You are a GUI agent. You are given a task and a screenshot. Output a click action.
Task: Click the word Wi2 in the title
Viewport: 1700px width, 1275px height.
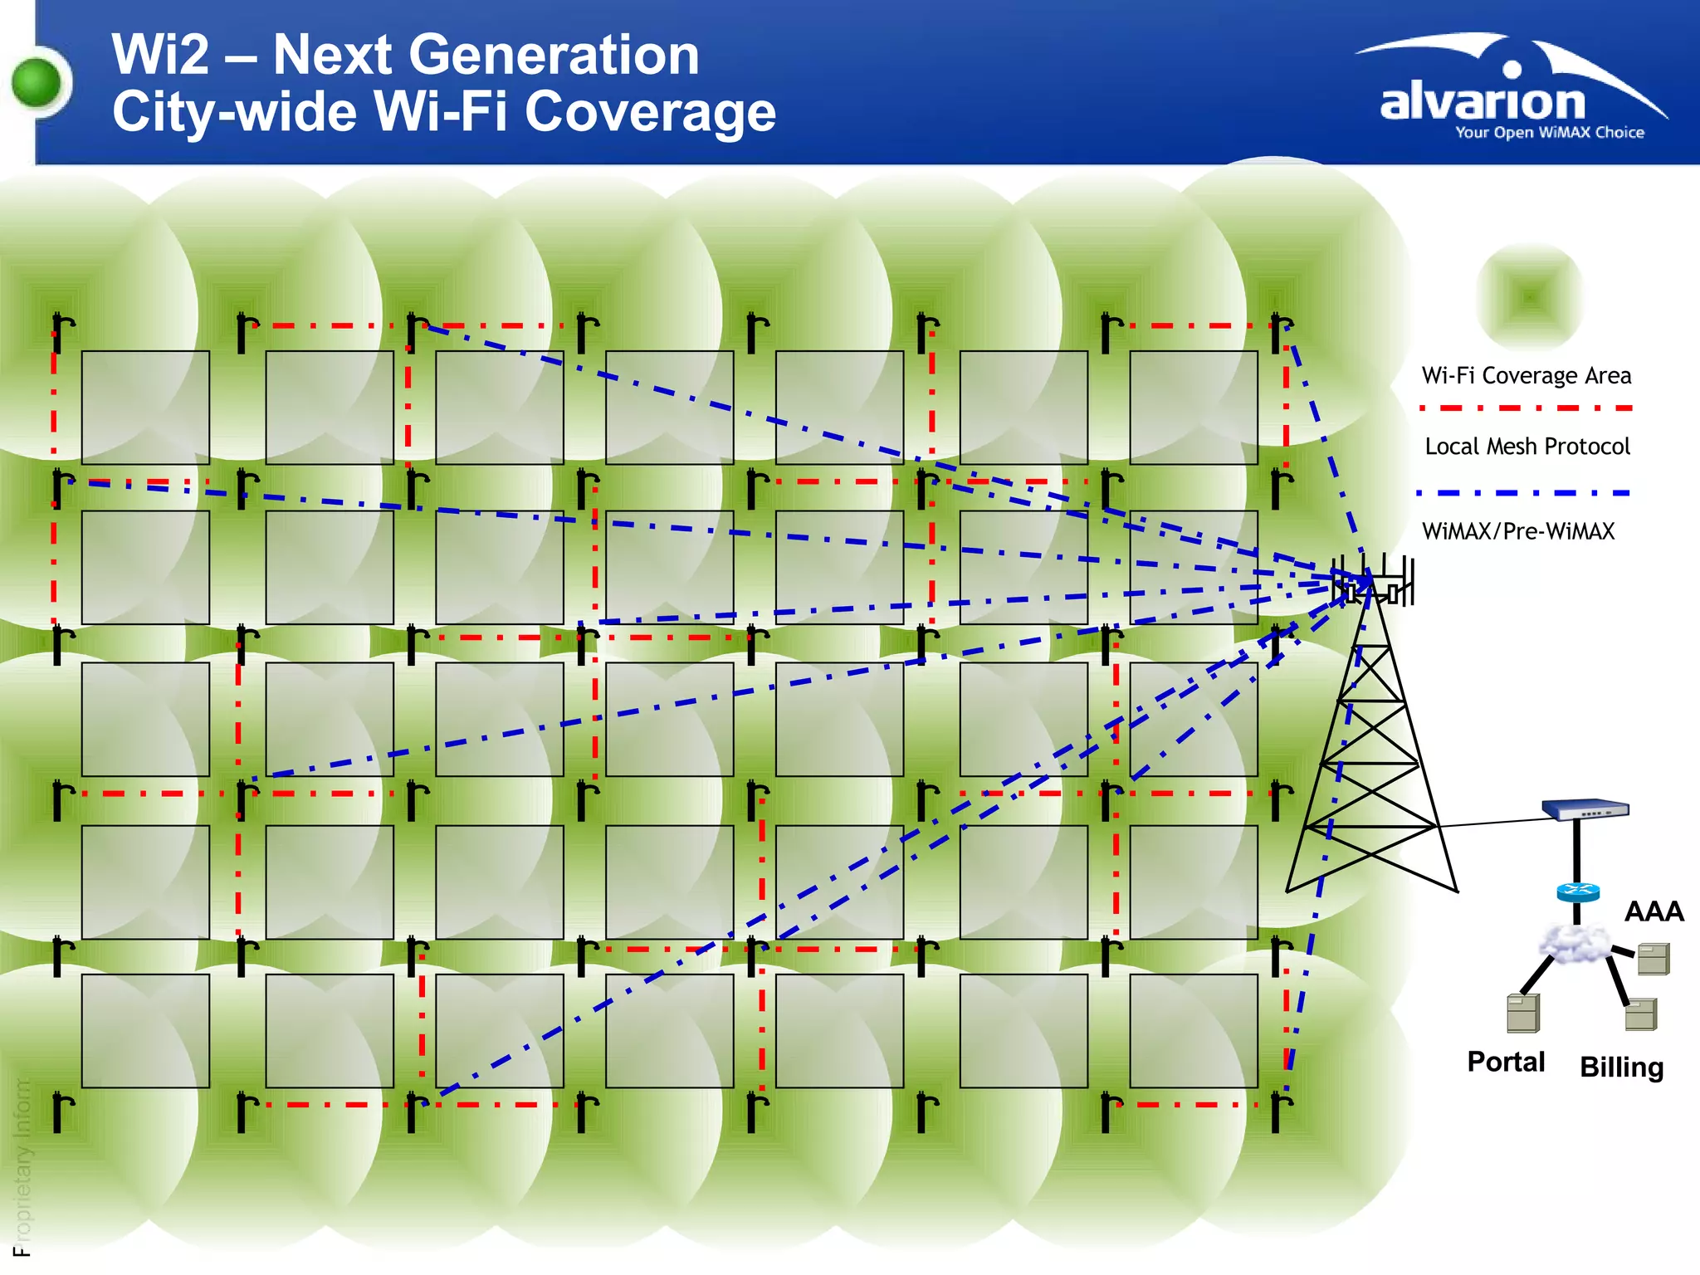pos(161,56)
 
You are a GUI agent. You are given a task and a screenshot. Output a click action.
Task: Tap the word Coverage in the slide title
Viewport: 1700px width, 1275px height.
pos(650,112)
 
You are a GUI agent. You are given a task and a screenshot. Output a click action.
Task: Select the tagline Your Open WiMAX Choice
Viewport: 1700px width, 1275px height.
pos(1549,133)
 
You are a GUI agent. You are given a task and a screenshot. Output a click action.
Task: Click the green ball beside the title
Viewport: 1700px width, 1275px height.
pos(37,83)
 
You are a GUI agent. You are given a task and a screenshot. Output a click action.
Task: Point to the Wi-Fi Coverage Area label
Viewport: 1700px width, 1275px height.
pos(1527,376)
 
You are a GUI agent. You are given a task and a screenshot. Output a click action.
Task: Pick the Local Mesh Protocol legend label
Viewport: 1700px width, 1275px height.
pos(1527,447)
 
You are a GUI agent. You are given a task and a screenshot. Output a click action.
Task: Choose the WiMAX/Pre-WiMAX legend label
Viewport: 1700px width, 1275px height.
pos(1518,531)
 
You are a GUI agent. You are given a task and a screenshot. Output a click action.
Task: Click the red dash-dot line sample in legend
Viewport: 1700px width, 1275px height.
pos(1526,408)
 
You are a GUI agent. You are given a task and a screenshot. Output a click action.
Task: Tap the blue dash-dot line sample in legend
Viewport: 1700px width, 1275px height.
pos(1523,493)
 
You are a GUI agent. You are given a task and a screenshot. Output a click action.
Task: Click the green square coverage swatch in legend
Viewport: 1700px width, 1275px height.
pos(1530,296)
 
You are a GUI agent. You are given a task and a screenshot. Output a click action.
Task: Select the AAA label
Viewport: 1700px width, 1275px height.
pos(1654,911)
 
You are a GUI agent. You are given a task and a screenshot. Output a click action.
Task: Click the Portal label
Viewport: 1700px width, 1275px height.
pos(1506,1062)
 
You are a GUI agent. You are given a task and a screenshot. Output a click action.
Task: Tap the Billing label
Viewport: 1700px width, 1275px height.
pos(1621,1067)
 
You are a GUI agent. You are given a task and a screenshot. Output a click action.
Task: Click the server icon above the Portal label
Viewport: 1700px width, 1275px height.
pos(1523,1013)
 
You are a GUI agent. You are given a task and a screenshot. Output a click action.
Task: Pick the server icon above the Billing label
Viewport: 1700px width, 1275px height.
pos(1641,1014)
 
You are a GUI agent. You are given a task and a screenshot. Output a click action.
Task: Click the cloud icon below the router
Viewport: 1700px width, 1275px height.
pos(1574,944)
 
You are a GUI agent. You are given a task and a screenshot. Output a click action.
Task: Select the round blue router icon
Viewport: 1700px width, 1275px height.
pos(1578,892)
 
